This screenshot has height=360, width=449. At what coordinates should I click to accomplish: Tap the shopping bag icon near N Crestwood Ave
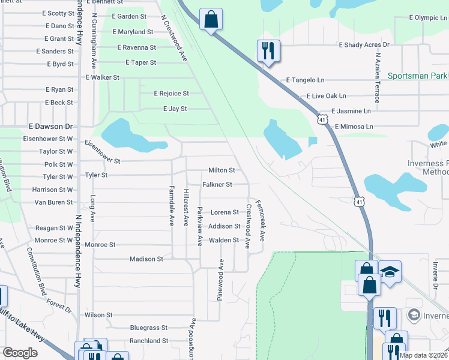click(211, 19)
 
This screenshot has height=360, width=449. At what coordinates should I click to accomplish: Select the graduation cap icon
click(390, 274)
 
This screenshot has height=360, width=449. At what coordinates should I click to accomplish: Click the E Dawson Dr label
click(50, 127)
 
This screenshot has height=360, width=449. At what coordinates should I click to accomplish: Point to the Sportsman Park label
click(418, 76)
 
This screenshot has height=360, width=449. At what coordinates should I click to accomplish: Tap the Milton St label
click(221, 170)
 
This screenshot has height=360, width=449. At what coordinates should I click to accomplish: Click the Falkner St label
click(217, 185)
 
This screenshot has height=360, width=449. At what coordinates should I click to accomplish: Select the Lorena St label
click(224, 212)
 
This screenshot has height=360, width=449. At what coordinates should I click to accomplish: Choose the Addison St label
click(224, 226)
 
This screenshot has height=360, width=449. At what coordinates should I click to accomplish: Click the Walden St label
click(224, 241)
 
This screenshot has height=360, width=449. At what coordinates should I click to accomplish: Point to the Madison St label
click(146, 259)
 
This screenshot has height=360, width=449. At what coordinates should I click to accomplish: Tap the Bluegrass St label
click(149, 328)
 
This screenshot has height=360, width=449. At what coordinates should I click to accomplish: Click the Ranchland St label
click(149, 341)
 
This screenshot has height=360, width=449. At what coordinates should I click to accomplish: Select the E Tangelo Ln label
click(305, 80)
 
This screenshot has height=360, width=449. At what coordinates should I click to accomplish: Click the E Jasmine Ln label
click(351, 111)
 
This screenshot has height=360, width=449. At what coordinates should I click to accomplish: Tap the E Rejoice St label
click(171, 94)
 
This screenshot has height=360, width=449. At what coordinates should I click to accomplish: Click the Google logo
click(20, 353)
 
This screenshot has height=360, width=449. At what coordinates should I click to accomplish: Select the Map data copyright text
click(422, 355)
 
